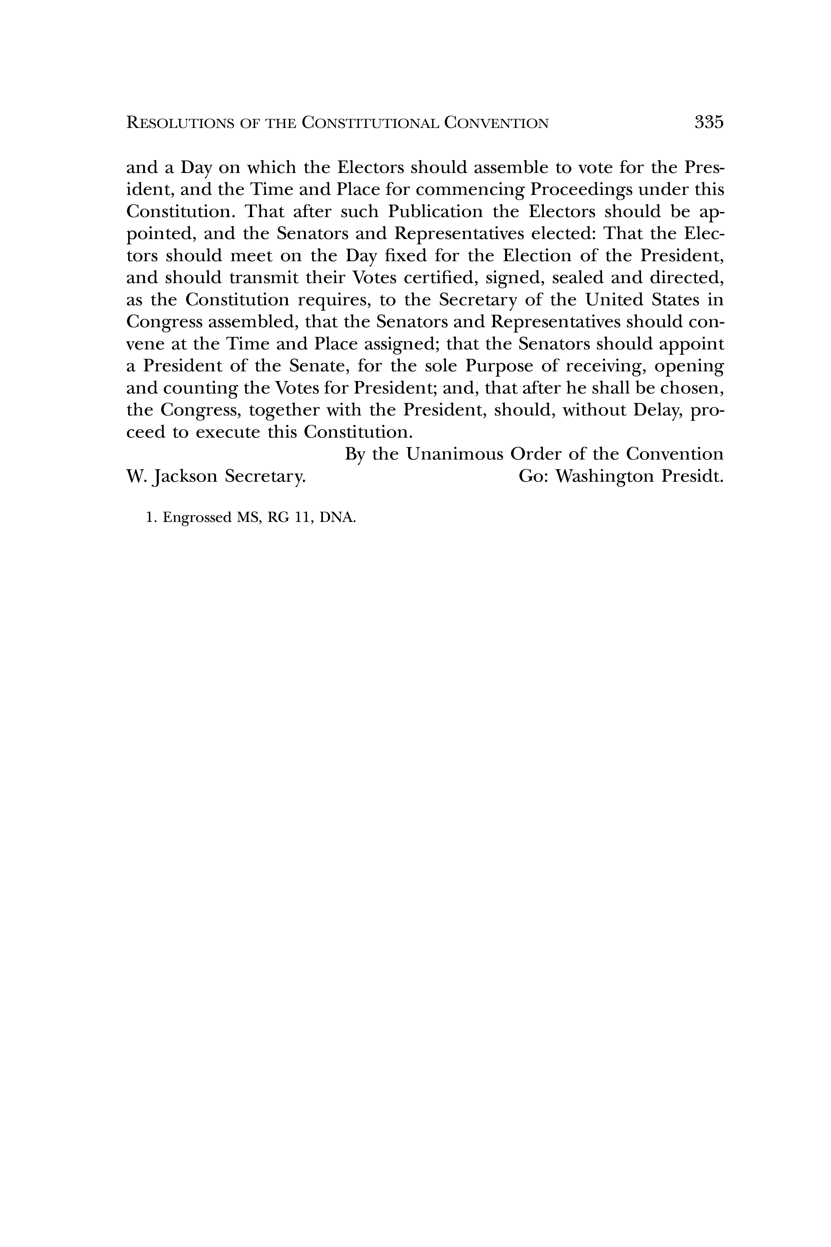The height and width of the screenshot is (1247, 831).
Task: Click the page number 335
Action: pos(709,122)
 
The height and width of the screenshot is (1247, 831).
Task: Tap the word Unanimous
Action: pos(454,454)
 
